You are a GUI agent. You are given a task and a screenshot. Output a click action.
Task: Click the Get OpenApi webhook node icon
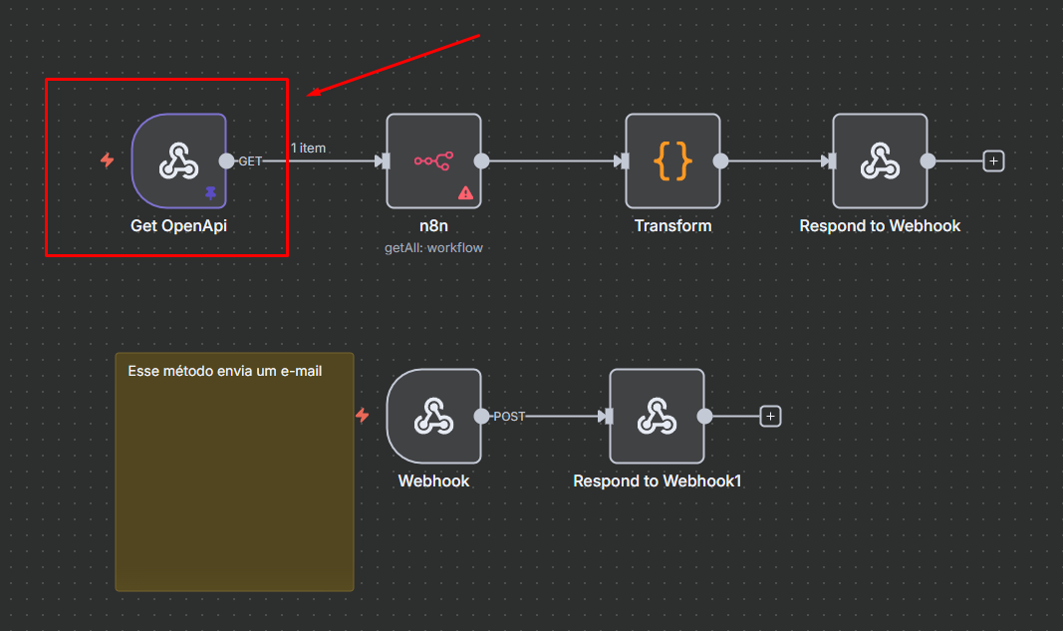pos(178,160)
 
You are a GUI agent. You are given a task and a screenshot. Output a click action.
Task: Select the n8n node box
pos(433,160)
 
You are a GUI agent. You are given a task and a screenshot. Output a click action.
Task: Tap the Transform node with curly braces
pos(672,160)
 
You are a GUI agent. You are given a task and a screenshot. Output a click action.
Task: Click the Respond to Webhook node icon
pos(880,160)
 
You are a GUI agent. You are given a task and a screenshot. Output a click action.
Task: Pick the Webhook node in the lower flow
pos(433,416)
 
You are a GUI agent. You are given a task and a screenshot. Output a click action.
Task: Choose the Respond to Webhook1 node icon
pos(657,416)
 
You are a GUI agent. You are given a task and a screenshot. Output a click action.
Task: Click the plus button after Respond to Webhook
pos(992,160)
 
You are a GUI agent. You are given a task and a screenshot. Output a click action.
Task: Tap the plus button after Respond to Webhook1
pos(770,417)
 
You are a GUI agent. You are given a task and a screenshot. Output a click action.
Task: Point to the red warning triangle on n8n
pos(465,192)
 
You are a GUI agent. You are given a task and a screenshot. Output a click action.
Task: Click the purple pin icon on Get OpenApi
pos(210,192)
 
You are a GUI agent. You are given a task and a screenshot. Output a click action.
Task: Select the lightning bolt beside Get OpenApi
pos(108,160)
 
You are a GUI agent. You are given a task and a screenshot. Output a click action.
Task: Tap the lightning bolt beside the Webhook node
pos(363,415)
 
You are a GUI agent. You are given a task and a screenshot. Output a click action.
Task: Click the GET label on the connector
pos(250,161)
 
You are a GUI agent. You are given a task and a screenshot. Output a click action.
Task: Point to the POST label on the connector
pos(509,417)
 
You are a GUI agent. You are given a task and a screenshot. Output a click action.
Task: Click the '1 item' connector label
pos(308,149)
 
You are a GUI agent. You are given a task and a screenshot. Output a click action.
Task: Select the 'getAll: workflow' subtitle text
pos(433,247)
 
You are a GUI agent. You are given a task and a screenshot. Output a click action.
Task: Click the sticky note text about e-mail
pos(225,371)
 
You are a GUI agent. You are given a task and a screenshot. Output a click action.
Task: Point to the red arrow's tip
pos(310,96)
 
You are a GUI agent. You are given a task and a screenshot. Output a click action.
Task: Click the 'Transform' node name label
pos(672,226)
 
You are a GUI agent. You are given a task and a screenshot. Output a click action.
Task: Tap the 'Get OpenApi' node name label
pos(178,226)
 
